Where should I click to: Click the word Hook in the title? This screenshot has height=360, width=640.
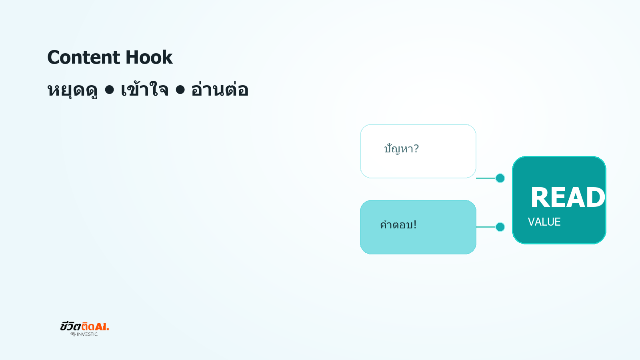point(149,57)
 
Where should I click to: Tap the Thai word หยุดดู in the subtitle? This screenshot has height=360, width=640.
point(72,90)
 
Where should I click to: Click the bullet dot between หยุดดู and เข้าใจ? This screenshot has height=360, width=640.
point(110,90)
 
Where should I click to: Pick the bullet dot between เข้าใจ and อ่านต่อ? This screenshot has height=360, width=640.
point(180,90)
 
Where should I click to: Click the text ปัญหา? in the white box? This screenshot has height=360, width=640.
point(402,149)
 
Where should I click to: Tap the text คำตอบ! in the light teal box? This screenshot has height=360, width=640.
point(398,224)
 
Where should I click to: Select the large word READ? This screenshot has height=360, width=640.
point(568,197)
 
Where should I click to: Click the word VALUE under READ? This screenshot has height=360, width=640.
point(544,222)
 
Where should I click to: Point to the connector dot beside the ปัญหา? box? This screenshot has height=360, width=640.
point(500,178)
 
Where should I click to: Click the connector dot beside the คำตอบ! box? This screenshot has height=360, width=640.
point(500,227)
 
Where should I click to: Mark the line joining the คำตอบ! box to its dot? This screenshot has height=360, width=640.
point(486,227)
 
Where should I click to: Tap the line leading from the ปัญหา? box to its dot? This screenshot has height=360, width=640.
point(486,178)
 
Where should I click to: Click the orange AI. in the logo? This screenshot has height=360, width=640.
point(102,326)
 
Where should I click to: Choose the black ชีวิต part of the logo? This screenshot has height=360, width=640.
point(70,326)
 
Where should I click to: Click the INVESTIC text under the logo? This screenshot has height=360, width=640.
point(87,334)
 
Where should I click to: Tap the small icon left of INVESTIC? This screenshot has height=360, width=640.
point(73,334)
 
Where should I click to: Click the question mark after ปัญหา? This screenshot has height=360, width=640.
point(416,148)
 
